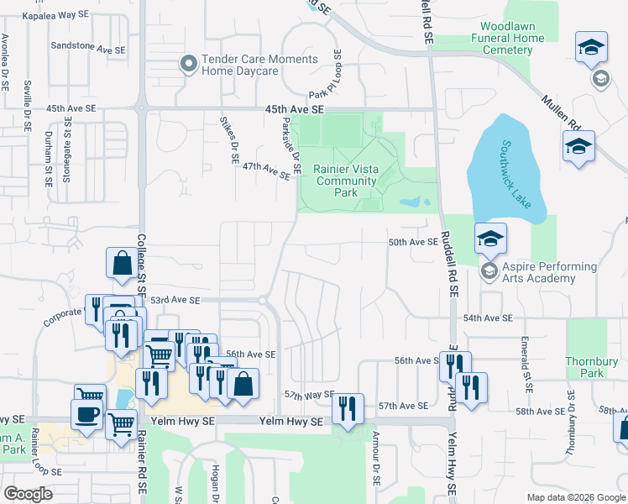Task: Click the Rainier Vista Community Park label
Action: click(346, 181)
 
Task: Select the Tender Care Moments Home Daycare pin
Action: click(188, 64)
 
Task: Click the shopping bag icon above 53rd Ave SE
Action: click(122, 263)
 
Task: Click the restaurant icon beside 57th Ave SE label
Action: click(347, 409)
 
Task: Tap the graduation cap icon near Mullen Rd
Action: click(578, 147)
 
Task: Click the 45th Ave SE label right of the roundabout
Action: click(294, 110)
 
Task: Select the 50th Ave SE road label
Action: click(413, 242)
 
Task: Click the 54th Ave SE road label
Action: click(488, 318)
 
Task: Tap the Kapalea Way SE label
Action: click(55, 16)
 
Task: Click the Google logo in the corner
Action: click(29, 494)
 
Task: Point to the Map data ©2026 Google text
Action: click(575, 497)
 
